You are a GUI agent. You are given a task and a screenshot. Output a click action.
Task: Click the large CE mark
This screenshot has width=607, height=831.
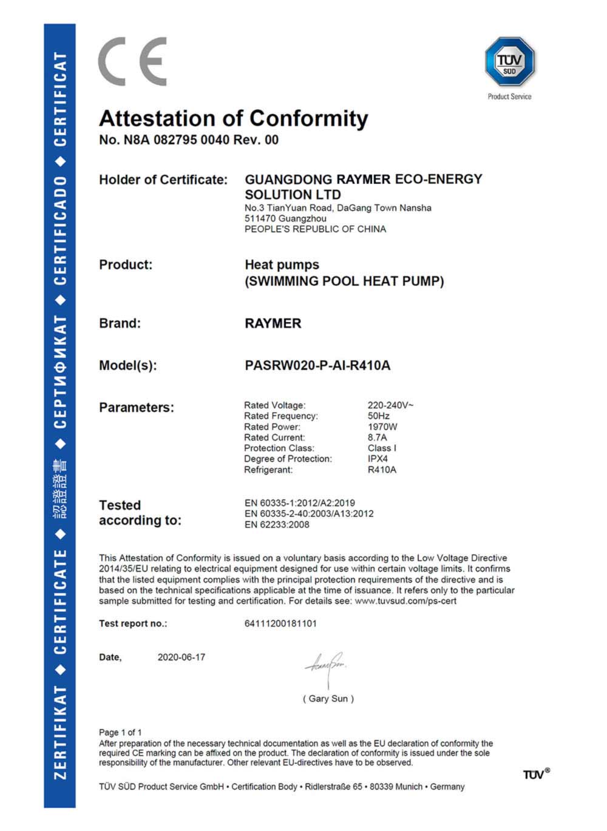132,61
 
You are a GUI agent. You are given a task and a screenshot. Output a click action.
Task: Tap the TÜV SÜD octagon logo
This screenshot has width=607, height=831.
509,61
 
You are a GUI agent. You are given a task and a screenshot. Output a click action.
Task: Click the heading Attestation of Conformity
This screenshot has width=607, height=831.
233,118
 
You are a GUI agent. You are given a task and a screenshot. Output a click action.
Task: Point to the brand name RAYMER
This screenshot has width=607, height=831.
273,323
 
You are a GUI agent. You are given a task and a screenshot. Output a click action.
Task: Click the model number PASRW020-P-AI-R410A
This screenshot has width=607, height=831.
317,366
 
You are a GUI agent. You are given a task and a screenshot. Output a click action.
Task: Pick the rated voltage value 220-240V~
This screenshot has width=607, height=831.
390,405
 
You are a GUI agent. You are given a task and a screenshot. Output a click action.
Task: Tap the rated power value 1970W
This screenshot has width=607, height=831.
382,427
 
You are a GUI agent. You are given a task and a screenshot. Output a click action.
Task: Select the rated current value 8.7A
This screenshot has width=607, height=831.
377,437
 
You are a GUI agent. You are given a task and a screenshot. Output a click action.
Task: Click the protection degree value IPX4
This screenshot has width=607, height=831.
378,459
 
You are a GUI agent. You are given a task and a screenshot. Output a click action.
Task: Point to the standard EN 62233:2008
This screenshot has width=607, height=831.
277,525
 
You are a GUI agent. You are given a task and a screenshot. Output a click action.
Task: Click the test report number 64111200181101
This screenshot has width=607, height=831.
280,624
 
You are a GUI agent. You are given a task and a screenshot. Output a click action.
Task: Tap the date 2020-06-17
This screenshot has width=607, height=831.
181,658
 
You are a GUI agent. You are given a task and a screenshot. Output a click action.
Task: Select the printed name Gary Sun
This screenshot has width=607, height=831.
328,699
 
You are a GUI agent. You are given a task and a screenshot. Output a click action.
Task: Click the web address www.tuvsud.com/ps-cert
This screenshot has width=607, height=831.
405,601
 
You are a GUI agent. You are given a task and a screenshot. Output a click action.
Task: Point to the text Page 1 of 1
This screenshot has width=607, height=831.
120,732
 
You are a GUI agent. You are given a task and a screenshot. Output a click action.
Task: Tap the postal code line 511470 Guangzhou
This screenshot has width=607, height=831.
285,218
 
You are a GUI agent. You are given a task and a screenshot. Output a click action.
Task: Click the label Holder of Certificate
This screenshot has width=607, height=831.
163,180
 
